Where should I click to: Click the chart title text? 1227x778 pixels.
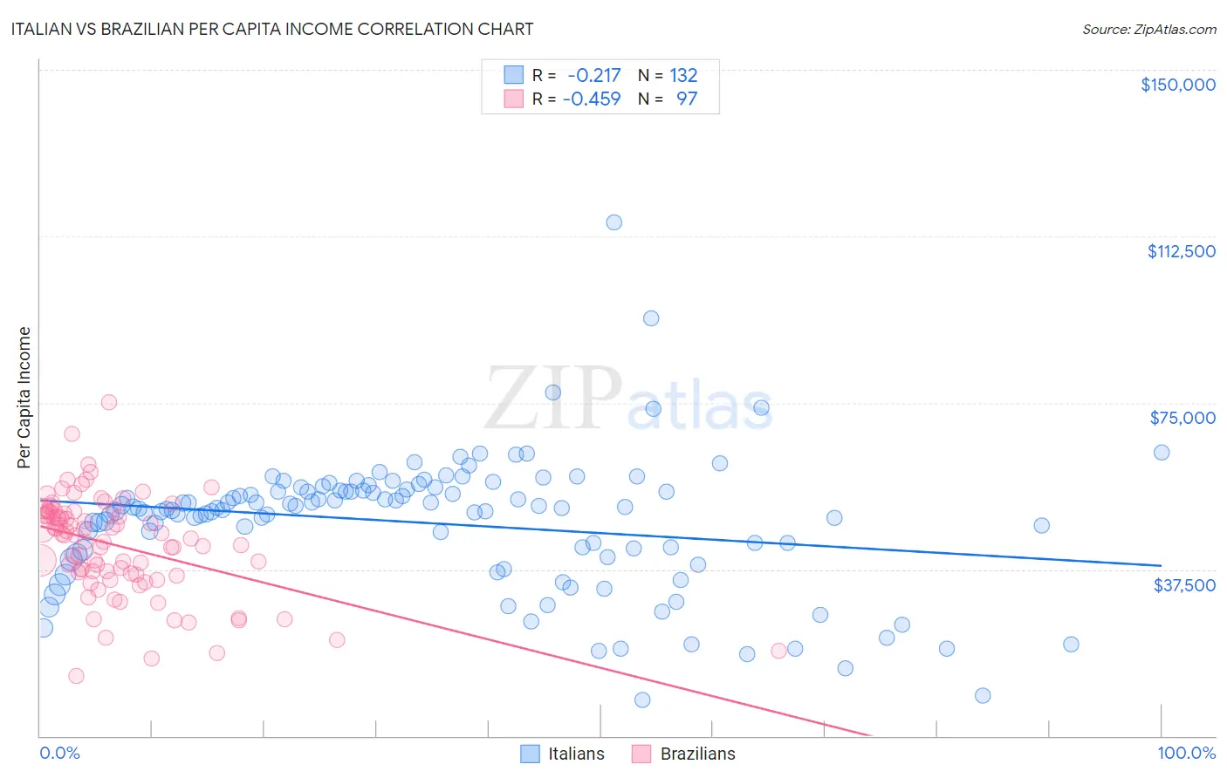coord(271,29)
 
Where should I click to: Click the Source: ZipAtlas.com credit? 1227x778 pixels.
coord(1148,29)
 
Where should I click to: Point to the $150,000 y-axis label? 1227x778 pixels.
coord(1177,85)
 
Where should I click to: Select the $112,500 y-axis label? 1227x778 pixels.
coord(1180,251)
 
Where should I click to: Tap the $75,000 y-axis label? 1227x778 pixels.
coord(1182,418)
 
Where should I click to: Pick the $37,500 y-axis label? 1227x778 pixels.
coord(1183,584)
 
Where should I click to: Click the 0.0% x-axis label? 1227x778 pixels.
coord(59,753)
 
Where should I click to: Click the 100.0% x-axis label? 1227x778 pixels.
coord(1186,753)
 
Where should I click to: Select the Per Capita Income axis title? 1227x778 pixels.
coord(24,397)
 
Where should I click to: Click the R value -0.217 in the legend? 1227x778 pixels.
coord(593,76)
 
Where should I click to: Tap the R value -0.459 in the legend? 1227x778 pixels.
coord(591,99)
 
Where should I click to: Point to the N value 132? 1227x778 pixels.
coord(683,76)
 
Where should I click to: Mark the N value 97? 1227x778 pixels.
coord(687,99)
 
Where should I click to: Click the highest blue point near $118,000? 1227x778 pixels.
coord(614,222)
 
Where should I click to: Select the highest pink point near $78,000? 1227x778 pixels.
coord(109,402)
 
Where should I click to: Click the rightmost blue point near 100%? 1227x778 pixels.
coord(1162,453)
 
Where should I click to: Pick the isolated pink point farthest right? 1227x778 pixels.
coord(779,651)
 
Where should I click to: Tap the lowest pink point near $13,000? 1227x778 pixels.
coord(76,676)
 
